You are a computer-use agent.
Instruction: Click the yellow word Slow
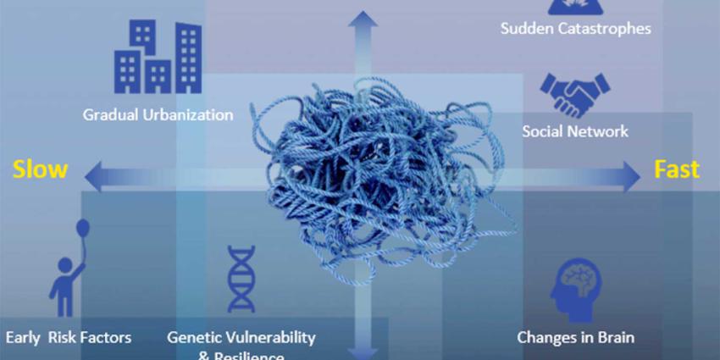40,169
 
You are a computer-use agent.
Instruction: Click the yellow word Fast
677,169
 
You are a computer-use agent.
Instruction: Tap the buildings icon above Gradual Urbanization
158,57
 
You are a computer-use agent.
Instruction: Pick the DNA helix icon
241,279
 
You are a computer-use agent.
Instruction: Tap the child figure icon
64,285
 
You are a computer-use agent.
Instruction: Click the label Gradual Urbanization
158,114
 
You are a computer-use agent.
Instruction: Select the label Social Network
575,131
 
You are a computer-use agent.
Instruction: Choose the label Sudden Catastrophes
575,28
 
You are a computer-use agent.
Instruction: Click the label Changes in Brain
576,337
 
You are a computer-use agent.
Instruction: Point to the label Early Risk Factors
69,337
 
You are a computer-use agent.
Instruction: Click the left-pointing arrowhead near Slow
95,175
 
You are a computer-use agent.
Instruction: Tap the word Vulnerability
271,337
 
